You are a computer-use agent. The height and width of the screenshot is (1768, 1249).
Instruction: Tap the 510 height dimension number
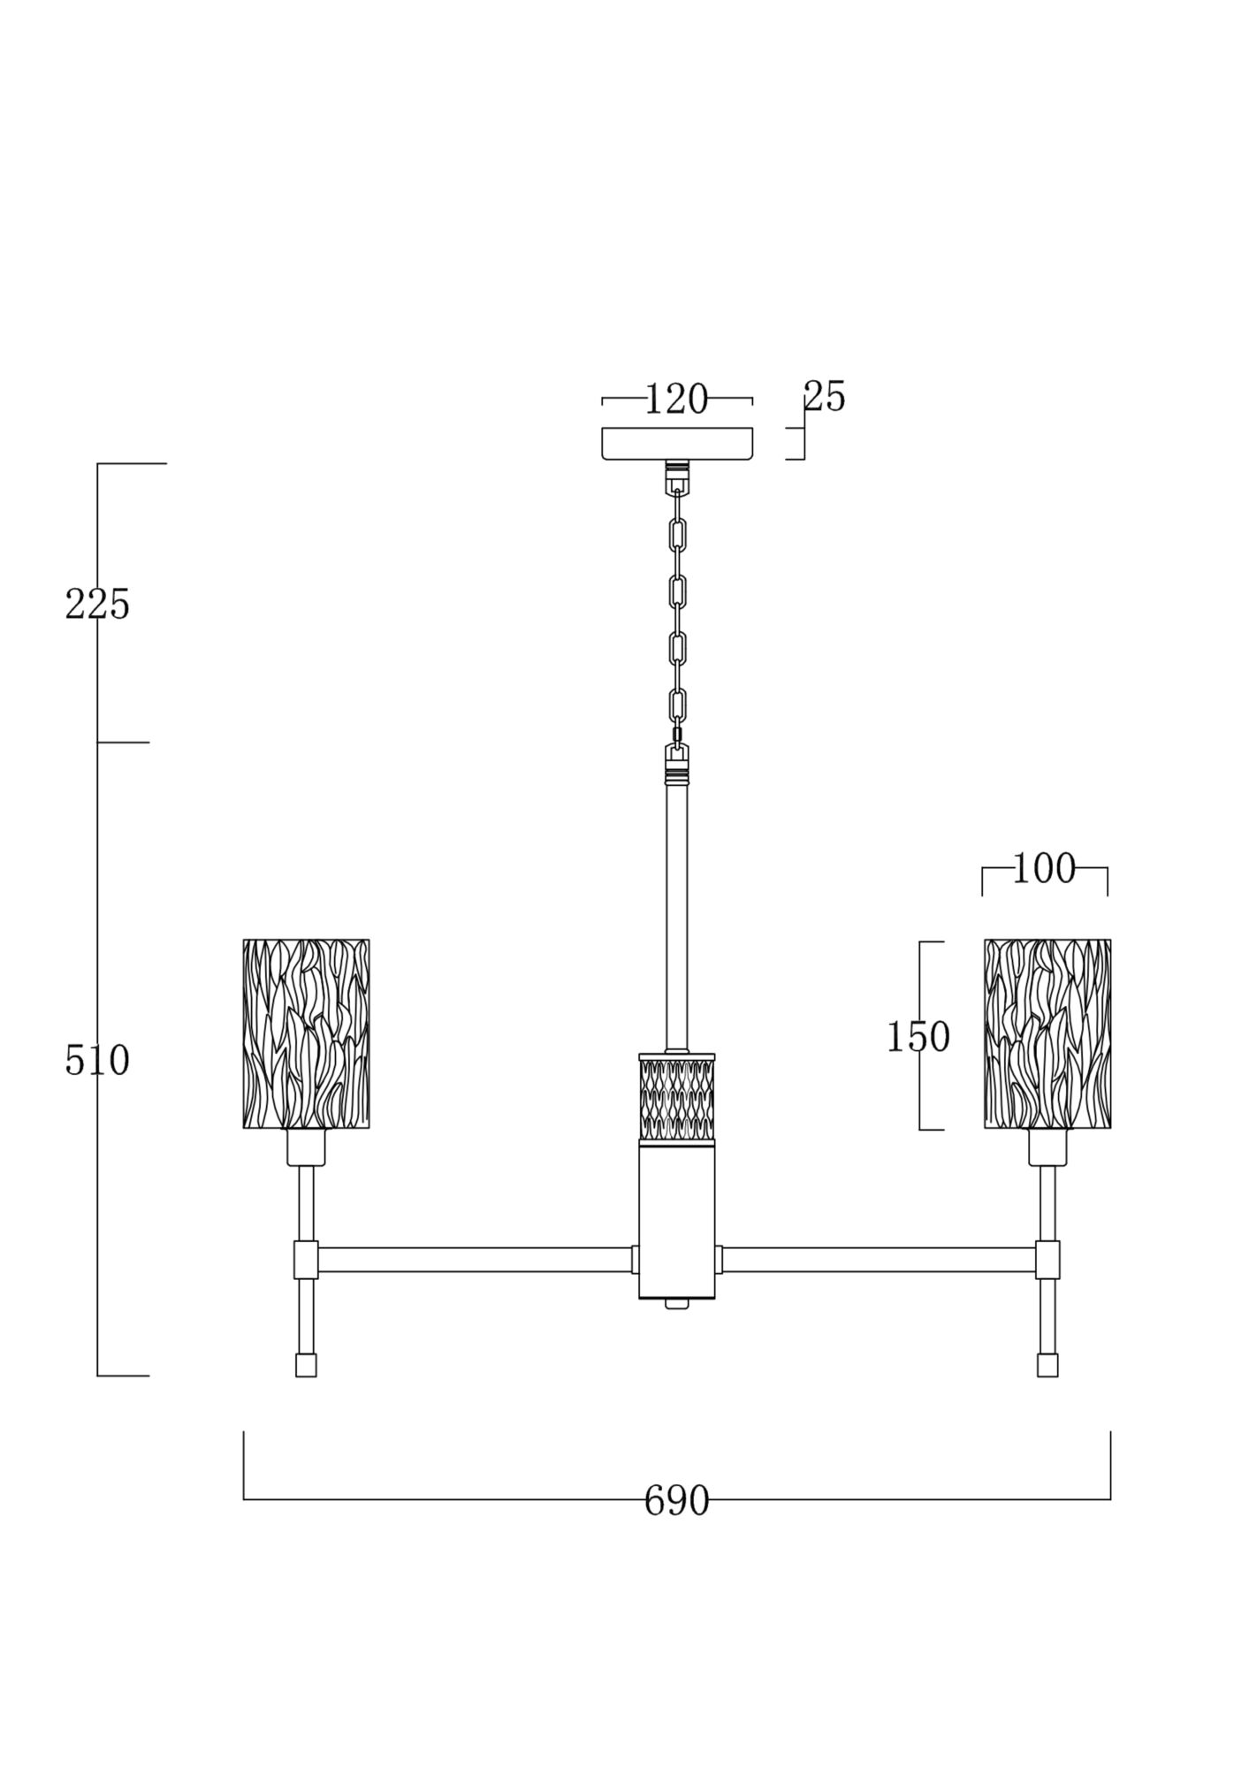97,1060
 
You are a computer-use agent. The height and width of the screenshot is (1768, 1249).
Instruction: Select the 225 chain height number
97,605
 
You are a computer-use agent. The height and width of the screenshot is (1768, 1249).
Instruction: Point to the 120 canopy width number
676,400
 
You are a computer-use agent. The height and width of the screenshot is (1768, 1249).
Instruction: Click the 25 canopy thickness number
825,397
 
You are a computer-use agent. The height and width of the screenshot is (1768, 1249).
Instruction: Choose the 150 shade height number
918,1036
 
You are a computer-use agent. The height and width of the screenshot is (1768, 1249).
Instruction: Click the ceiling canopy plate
677,444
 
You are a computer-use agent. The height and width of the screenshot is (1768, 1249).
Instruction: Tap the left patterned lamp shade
306,1033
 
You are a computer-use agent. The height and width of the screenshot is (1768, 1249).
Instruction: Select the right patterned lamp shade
1047,1033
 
